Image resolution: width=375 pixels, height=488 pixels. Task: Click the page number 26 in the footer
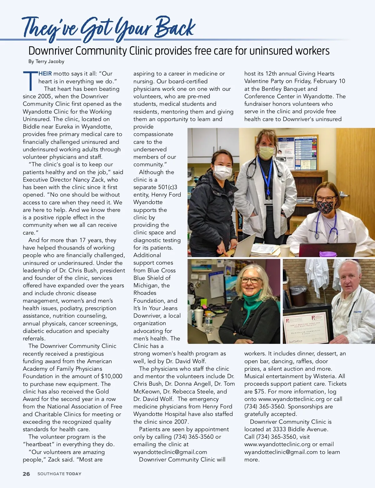[26, 474]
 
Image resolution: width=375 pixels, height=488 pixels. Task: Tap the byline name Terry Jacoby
[50, 61]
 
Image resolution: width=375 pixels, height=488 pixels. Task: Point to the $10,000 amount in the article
[112, 376]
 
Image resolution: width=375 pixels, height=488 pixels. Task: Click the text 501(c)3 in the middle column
[168, 187]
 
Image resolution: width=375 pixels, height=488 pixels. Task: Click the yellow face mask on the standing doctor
[266, 152]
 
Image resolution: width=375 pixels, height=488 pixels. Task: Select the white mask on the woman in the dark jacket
[222, 172]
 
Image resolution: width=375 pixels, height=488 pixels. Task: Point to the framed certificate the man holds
[307, 325]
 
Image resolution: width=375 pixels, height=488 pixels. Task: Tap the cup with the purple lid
[328, 254]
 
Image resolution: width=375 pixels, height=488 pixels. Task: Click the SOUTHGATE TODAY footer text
[59, 474]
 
